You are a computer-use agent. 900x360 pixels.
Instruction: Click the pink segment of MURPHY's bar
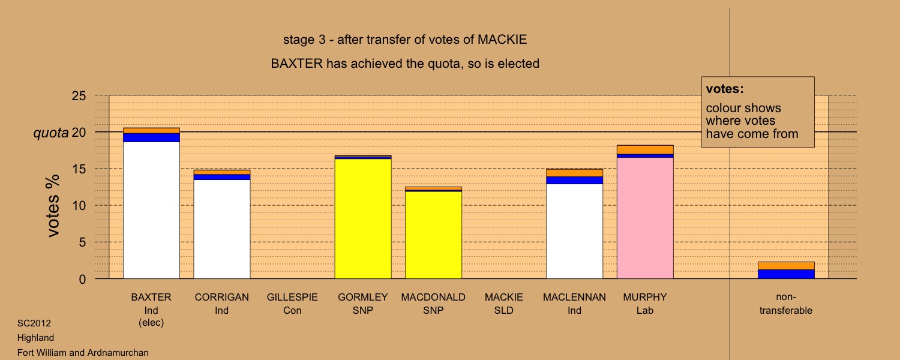(645, 218)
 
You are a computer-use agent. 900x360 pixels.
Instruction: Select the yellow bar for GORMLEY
(363, 218)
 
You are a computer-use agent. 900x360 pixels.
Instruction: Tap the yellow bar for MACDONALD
(433, 235)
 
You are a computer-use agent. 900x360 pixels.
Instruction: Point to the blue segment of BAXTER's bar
(151, 137)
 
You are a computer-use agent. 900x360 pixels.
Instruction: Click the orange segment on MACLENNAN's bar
(574, 173)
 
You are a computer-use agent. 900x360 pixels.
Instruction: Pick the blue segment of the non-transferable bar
(786, 274)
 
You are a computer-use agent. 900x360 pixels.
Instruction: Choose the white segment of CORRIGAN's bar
(222, 229)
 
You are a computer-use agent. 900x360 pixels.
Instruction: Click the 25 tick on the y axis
(79, 95)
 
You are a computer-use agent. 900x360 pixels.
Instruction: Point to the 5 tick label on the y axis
(82, 242)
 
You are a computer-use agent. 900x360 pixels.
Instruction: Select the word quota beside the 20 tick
(50, 133)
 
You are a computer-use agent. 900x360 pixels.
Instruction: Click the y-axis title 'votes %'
(53, 206)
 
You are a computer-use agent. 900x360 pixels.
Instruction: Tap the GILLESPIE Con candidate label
(292, 304)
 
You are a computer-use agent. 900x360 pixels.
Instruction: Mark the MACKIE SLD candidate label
(504, 304)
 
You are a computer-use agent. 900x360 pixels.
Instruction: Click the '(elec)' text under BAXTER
(151, 323)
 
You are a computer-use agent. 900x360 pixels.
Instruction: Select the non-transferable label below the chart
(786, 304)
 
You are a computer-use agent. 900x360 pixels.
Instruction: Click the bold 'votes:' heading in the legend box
(725, 89)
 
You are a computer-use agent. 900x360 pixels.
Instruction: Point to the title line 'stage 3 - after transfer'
(405, 40)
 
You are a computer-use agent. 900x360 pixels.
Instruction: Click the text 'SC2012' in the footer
(34, 323)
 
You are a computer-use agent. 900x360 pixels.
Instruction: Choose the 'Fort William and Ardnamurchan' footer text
(83, 353)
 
